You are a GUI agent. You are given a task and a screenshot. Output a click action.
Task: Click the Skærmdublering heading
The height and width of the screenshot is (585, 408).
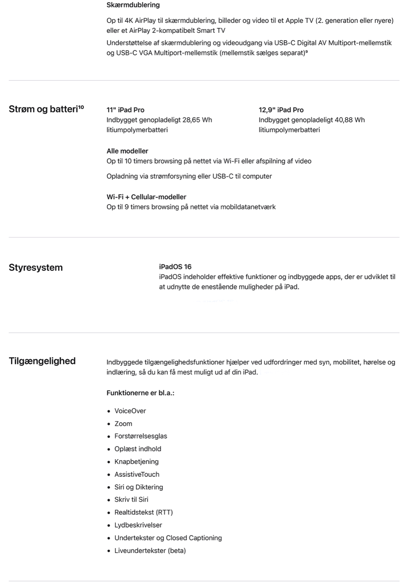[133, 5]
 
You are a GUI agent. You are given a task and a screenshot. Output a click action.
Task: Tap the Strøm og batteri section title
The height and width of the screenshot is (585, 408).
[43, 109]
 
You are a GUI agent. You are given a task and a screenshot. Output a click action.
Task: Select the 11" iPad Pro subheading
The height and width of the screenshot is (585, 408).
[125, 110]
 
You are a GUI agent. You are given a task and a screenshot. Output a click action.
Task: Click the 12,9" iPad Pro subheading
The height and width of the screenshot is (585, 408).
[281, 110]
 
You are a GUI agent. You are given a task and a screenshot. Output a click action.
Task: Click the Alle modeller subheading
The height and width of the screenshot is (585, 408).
[127, 151]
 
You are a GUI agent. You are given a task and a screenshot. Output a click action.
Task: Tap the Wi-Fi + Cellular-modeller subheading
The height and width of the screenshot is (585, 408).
[146, 197]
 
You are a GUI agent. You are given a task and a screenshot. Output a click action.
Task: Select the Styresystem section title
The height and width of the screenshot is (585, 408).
[36, 268]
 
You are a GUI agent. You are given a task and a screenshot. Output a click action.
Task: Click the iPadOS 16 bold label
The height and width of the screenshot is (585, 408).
[175, 267]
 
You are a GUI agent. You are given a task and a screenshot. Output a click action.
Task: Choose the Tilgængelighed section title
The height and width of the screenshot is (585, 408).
[42, 361]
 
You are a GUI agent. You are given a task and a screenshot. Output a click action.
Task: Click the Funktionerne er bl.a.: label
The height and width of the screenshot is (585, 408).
[140, 393]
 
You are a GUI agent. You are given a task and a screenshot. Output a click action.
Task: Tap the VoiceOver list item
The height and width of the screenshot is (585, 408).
[130, 411]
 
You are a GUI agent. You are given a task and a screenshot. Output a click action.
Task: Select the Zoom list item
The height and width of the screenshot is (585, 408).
[123, 423]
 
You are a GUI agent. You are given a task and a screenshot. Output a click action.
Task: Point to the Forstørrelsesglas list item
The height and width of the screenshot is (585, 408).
[141, 436]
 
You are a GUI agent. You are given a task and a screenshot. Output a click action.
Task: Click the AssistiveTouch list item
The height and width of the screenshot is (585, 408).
[137, 474]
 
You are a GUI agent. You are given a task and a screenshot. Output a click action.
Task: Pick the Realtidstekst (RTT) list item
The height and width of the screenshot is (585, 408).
[144, 512]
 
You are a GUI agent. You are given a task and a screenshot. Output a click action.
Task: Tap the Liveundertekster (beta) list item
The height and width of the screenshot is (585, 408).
[150, 551]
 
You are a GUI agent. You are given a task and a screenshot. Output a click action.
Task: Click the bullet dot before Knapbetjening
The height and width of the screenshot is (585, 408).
[109, 462]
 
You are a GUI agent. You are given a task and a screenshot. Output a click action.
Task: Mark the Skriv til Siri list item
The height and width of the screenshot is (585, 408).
[131, 500]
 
